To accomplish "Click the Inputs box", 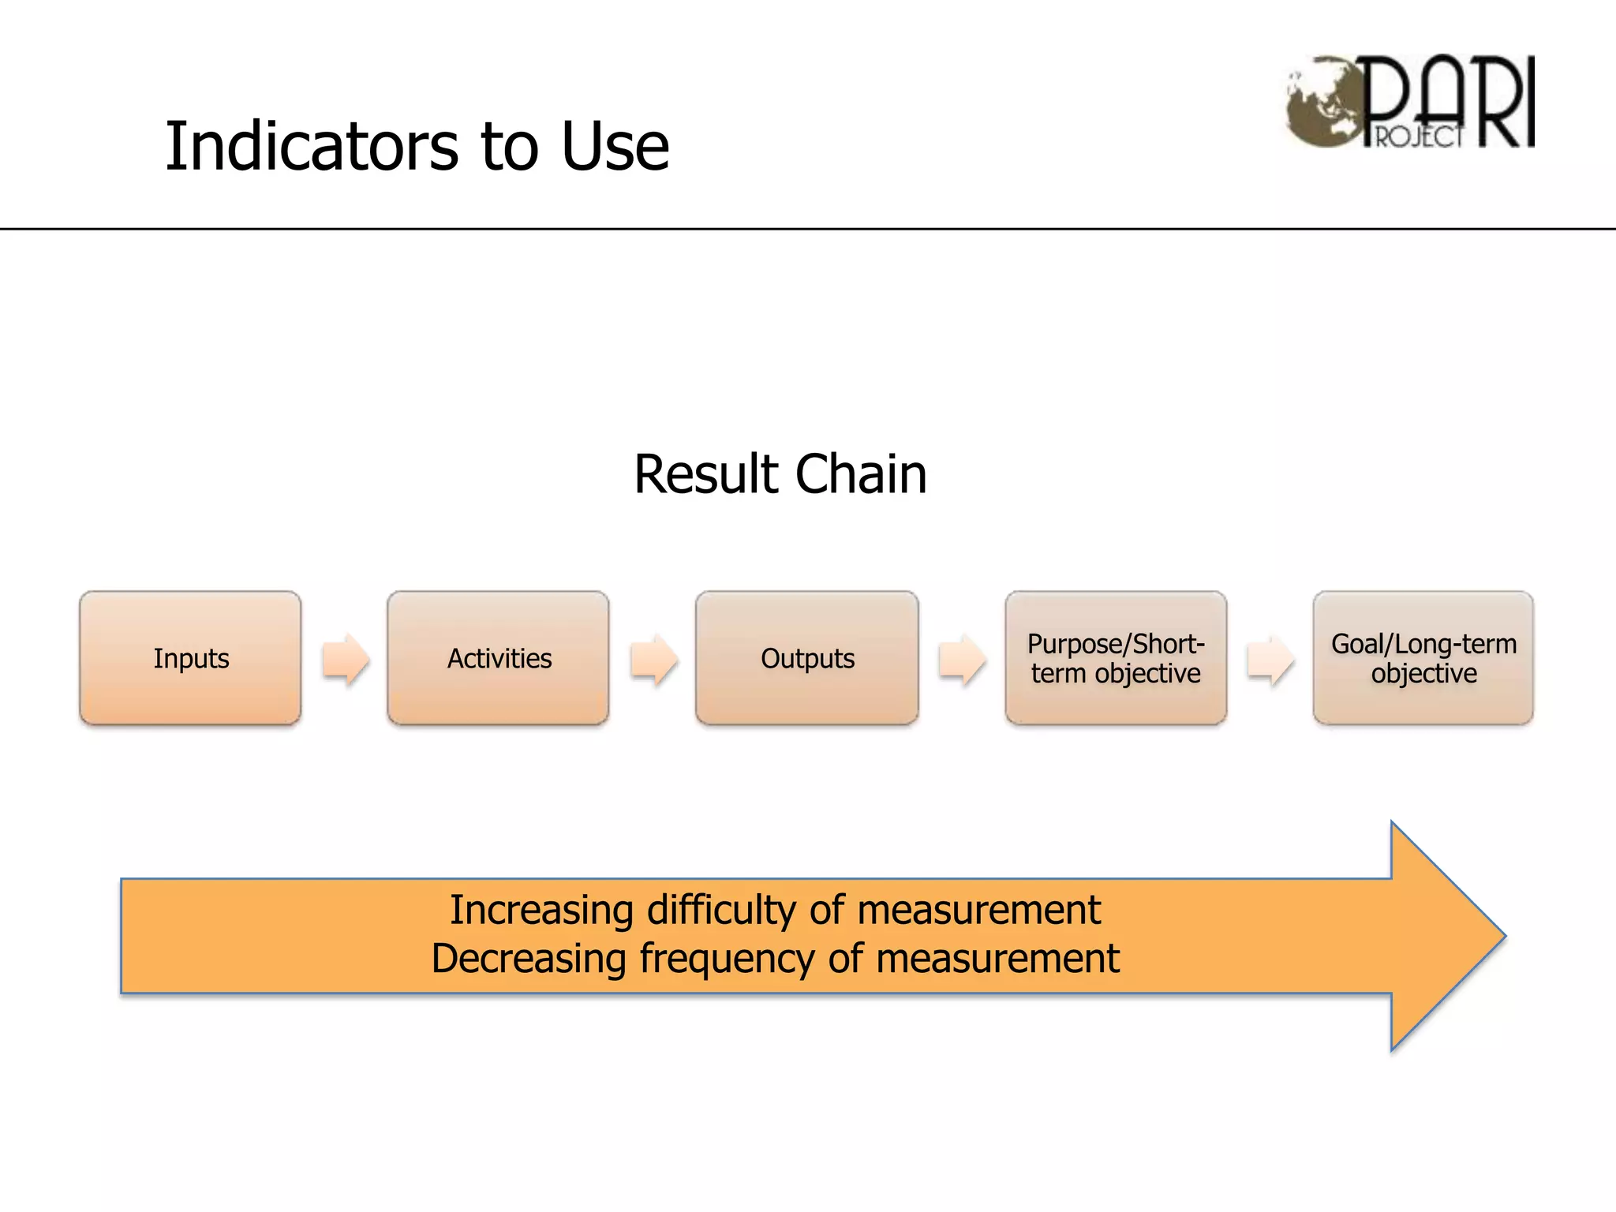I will tap(190, 658).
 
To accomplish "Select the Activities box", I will tap(498, 658).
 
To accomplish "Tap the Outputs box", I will tap(806, 658).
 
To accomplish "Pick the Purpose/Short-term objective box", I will tap(1116, 658).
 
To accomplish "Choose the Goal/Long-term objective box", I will tap(1423, 658).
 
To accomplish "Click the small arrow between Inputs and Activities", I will tap(346, 659).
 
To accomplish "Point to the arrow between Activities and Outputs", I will tap(653, 659).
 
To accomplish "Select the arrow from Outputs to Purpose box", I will tap(962, 659).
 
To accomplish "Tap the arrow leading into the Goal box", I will tap(1270, 659).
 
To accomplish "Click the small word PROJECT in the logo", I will tap(1417, 137).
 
